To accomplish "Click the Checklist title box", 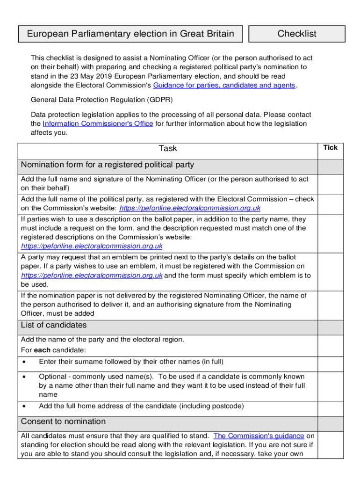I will point(297,34).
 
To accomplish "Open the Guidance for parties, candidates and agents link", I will point(224,85).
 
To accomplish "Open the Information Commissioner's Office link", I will point(98,123).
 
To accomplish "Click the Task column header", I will point(168,148).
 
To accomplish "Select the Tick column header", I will point(330,147).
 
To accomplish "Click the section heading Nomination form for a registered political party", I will point(108,165).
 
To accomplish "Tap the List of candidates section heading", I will point(54,325).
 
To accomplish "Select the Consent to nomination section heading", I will point(63,421).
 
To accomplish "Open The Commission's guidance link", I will point(259,436).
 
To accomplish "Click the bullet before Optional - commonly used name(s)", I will point(24,377).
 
